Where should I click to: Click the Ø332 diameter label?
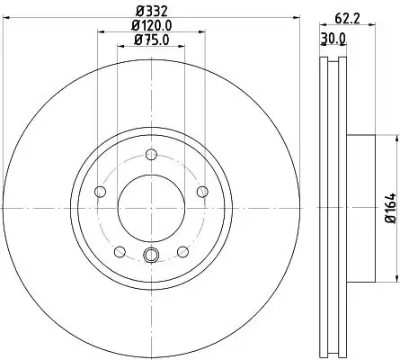point(148,12)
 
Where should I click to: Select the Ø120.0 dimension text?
point(148,26)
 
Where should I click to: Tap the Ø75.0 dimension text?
point(148,40)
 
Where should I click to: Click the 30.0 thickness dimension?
point(333,39)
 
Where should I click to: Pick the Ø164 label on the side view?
point(390,207)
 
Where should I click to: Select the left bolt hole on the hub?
point(100,191)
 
